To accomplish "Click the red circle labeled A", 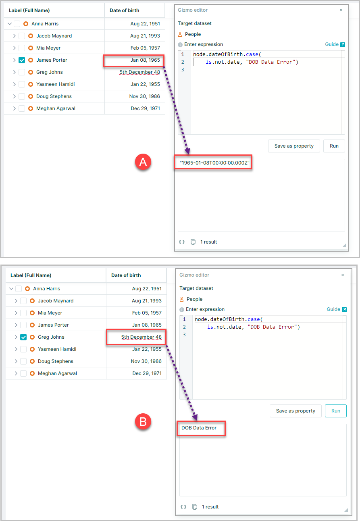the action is click(x=143, y=162).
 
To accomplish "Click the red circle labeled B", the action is click(x=143, y=421).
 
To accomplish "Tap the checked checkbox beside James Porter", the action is click(x=22, y=60).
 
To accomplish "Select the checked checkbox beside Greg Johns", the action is click(x=23, y=337).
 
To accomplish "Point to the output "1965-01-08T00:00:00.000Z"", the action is click(x=214, y=163).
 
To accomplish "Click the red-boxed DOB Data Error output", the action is click(x=199, y=428).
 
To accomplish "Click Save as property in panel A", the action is click(x=294, y=146).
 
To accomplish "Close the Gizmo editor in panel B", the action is click(x=343, y=275).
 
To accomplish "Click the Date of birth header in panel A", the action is click(x=125, y=10).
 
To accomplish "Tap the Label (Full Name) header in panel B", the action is click(x=31, y=275).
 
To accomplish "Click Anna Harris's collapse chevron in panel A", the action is click(x=10, y=24).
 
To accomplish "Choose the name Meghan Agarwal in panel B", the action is click(x=57, y=373).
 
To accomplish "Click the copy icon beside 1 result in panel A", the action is click(x=193, y=242).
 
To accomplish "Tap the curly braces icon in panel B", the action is click(x=183, y=507).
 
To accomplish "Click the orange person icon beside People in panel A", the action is click(x=180, y=34).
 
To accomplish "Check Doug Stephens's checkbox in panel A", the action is click(x=22, y=96).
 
